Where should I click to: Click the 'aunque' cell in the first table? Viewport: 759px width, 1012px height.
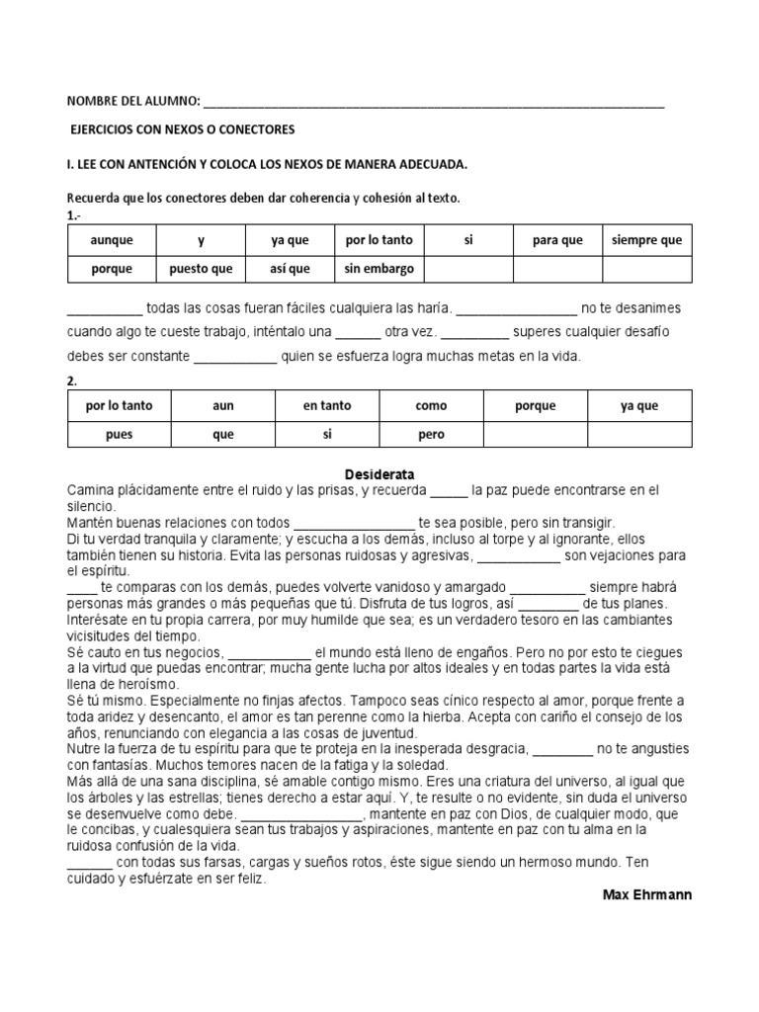click(x=111, y=240)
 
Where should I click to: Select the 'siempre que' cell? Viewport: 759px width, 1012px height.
click(x=647, y=240)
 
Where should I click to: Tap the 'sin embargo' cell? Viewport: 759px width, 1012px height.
click(x=379, y=268)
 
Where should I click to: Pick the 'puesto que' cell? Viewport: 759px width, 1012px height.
click(x=201, y=268)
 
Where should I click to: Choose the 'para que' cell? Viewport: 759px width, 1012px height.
click(x=557, y=240)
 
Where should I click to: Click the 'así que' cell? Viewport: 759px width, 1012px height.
click(x=291, y=268)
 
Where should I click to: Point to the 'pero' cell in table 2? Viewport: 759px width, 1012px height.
click(x=432, y=434)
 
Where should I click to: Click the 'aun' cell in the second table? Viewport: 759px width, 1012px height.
click(x=223, y=405)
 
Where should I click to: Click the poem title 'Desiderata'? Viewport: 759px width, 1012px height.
click(x=379, y=474)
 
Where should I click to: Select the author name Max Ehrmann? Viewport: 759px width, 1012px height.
click(x=646, y=894)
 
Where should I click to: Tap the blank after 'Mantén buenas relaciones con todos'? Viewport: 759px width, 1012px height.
click(x=355, y=522)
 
